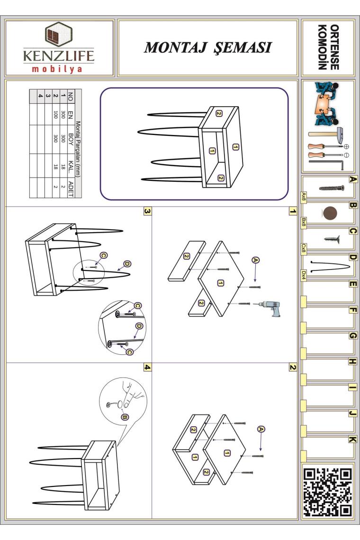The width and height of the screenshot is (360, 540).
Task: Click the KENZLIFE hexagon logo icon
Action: pyautogui.click(x=58, y=35)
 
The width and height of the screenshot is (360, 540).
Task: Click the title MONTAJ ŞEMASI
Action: pyautogui.click(x=208, y=47)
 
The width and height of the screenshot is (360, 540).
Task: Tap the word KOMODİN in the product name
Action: pyautogui.click(x=322, y=47)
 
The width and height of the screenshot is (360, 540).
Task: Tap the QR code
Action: pyautogui.click(x=327, y=492)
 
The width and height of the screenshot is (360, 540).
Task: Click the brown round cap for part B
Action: pyautogui.click(x=330, y=214)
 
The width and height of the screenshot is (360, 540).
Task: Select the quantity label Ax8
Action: pyautogui.click(x=304, y=197)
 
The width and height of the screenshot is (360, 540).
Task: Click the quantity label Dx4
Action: pyautogui.click(x=304, y=276)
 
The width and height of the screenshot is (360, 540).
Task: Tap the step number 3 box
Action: pyautogui.click(x=147, y=211)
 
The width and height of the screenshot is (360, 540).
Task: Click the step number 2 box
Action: pyautogui.click(x=292, y=368)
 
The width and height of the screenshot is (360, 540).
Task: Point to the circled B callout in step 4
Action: pyautogui.click(x=126, y=417)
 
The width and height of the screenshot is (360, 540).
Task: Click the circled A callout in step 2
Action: pyautogui.click(x=261, y=429)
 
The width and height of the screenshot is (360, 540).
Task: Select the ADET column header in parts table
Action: pyautogui.click(x=71, y=189)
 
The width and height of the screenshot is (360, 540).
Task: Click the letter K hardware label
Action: pyautogui.click(x=352, y=439)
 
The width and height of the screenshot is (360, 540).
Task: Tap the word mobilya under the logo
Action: pyautogui.click(x=57, y=69)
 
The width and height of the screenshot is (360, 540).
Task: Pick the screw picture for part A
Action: pyautogui.click(x=332, y=188)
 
